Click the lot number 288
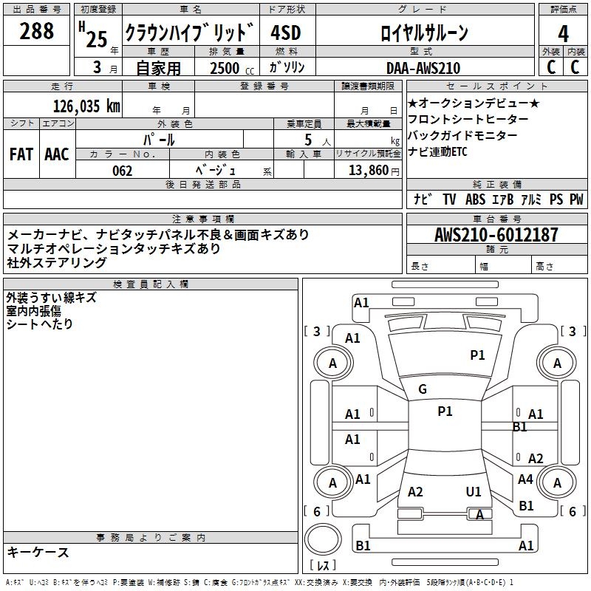[x=37, y=31]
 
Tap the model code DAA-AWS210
[x=423, y=68]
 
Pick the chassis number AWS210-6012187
[x=496, y=235]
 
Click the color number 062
[x=123, y=171]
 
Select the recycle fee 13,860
[x=367, y=171]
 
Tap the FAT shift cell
[x=21, y=154]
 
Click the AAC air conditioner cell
[x=57, y=154]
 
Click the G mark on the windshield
[x=423, y=389]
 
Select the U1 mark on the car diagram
[x=474, y=491]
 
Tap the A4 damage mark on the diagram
[x=525, y=479]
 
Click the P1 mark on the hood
[x=478, y=355]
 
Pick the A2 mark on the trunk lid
[x=415, y=492]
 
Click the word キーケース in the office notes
[x=38, y=552]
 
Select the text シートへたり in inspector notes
[x=40, y=324]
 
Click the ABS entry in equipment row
[x=475, y=199]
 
